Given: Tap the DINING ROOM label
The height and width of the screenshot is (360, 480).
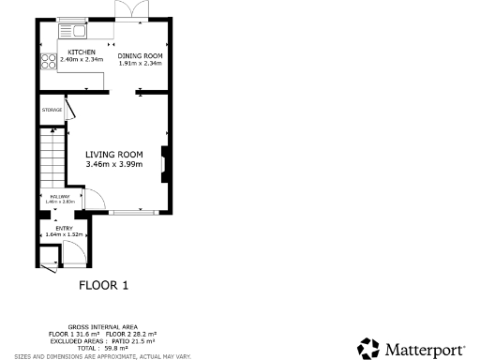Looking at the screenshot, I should point(140,55).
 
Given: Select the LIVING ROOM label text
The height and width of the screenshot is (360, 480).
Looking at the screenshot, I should point(113,155).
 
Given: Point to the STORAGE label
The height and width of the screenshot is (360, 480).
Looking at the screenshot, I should point(52,110).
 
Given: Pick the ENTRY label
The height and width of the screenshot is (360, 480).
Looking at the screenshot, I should point(64,228).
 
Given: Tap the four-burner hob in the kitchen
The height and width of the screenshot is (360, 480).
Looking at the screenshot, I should point(47,63).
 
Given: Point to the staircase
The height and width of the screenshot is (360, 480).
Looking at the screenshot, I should point(50,159).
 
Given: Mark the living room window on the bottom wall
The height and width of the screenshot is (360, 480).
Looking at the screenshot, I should point(130,211).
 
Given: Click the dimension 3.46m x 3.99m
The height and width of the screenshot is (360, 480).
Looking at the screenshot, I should point(113,165).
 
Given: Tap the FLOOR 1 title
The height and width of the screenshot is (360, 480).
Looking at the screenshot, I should point(102,284).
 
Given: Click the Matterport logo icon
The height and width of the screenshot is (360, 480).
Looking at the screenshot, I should point(368,349).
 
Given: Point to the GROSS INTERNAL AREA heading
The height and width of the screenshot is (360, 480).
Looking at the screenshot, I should point(102,327).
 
